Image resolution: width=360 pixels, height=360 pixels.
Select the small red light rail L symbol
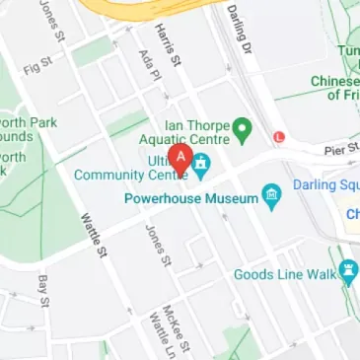(279, 136)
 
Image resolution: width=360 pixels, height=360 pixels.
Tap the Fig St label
(36, 68)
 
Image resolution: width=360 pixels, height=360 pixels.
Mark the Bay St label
(42, 290)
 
